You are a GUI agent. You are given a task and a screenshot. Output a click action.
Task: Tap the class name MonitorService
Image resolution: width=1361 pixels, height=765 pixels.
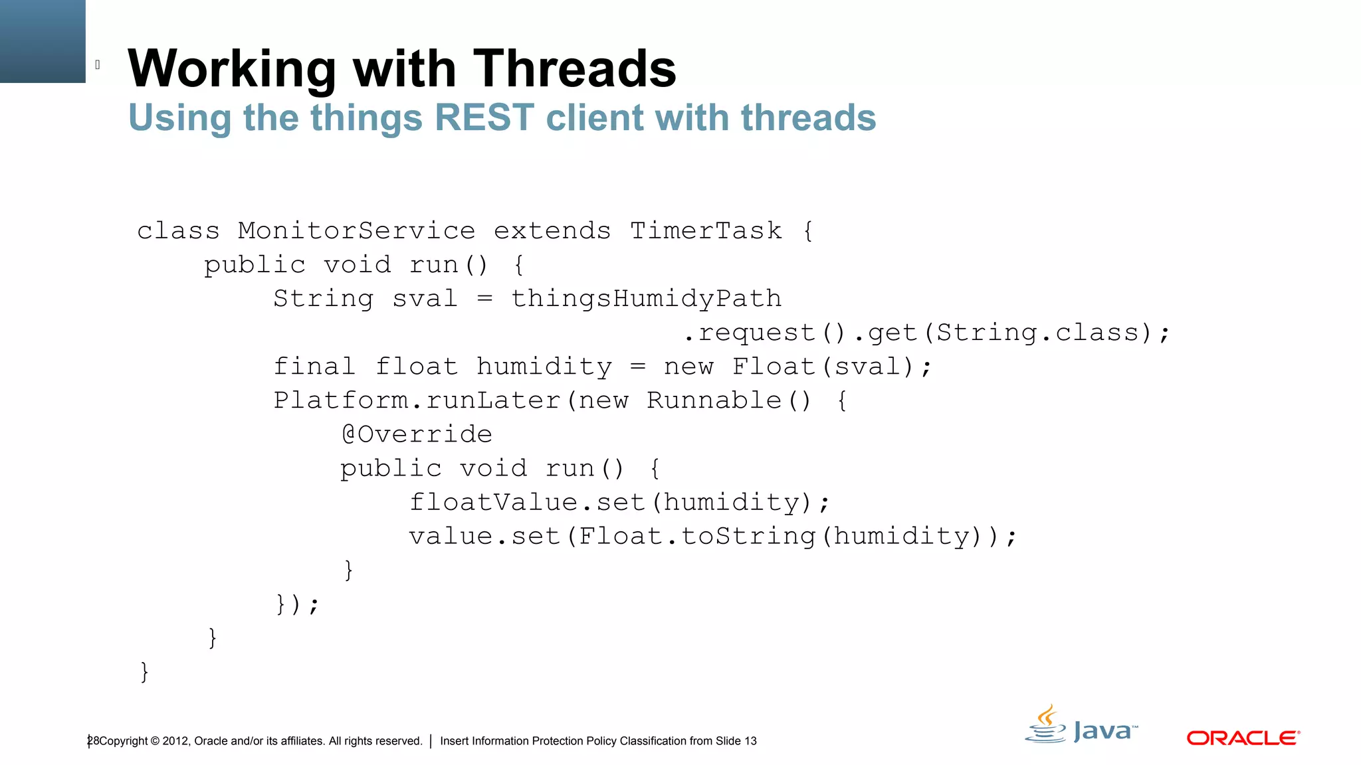click(356, 231)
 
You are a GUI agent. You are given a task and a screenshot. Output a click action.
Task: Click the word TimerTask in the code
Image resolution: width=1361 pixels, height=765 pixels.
click(706, 231)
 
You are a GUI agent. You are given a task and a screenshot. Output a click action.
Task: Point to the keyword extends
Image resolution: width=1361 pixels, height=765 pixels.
click(552, 231)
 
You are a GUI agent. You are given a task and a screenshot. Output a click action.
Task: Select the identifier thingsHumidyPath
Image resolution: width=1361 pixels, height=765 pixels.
click(646, 299)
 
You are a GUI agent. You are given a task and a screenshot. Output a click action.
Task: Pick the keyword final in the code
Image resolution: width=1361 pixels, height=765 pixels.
click(314, 367)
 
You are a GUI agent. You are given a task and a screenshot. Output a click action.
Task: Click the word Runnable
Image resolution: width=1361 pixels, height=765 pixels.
click(714, 400)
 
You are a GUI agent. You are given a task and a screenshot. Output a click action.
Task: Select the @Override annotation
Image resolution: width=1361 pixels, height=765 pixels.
click(417, 434)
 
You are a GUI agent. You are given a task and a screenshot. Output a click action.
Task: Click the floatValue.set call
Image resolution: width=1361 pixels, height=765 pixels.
click(527, 503)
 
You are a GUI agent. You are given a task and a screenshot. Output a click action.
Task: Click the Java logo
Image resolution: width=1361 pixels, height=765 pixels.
click(1081, 726)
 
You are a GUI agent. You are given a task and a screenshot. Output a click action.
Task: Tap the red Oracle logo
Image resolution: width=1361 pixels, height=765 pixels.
click(1243, 738)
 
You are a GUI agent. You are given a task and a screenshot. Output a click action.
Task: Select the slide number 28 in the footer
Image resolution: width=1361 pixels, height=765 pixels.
click(93, 741)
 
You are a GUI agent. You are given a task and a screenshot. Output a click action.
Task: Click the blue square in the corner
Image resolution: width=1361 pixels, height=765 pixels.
click(43, 41)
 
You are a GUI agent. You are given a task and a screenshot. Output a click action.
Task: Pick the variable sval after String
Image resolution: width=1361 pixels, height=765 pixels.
click(425, 299)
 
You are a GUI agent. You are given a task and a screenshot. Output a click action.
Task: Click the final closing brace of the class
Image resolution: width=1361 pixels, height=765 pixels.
click(144, 671)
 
